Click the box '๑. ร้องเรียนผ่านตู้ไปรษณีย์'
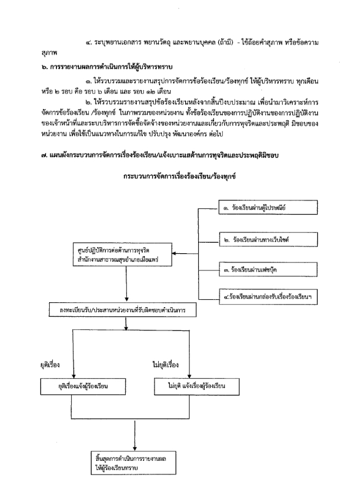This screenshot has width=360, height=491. tap(268, 207)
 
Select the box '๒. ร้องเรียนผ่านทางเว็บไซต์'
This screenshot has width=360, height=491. tap(268, 240)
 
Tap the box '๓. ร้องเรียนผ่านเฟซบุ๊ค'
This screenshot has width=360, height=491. tap(268, 269)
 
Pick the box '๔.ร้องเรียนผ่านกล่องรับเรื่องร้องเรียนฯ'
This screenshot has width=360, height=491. tap(268, 297)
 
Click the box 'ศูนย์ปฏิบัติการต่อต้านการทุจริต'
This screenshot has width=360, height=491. tap(123, 254)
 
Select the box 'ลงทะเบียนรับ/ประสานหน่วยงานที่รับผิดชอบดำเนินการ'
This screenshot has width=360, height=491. tap(123, 310)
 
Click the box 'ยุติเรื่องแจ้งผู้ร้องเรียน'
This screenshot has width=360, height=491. tap(83, 386)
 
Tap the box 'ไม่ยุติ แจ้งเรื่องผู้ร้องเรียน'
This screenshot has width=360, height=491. tap(196, 386)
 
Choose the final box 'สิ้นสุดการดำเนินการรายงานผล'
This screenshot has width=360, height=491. tap(134, 463)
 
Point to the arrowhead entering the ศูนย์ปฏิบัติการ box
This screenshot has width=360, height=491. tap(174, 253)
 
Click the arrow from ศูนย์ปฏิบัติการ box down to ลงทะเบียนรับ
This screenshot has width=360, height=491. tap(126, 284)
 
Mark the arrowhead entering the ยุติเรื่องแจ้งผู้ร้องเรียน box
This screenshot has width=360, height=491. tap(74, 376)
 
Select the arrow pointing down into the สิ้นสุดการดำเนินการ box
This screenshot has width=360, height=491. tap(135, 436)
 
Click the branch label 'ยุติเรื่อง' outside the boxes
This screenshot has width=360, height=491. tap(50, 365)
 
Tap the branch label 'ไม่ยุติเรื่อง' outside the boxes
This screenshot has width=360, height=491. tap(166, 365)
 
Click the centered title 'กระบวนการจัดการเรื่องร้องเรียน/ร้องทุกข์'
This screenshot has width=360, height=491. tap(179, 177)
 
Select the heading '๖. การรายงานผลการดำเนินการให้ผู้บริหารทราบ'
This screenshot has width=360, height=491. tap(107, 67)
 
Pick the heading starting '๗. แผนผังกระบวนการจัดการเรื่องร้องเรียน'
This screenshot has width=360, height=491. tap(160, 155)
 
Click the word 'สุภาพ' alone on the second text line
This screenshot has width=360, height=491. tap(49, 53)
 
